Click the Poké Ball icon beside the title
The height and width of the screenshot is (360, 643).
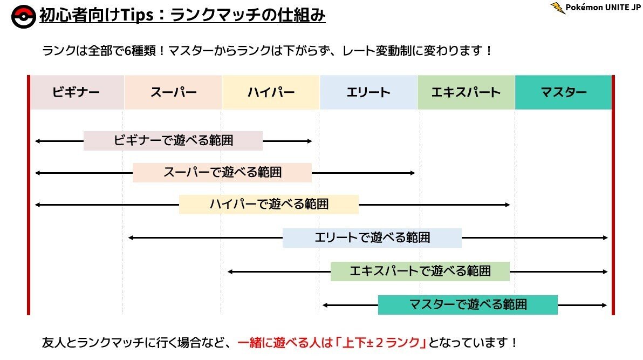coord(23,17)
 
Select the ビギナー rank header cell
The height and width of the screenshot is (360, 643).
coord(76,92)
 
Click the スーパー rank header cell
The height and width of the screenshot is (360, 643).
coord(173,92)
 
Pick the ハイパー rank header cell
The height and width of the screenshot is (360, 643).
coord(271,92)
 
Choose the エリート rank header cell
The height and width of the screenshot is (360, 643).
coord(368,92)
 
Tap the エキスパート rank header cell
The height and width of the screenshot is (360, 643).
coord(466,92)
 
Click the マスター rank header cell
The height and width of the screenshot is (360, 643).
coord(564,92)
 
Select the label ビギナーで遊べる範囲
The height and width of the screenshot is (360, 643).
coord(173,141)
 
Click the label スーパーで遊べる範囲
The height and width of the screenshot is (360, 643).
coord(222,173)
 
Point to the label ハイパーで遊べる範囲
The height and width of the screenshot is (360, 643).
coord(269,205)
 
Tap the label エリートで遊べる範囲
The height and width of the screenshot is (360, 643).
coord(372,237)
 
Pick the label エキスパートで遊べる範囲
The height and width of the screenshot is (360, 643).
coord(420,271)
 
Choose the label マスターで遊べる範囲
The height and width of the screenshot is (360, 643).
coord(468,305)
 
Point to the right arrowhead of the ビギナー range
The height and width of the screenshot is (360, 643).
coord(310,141)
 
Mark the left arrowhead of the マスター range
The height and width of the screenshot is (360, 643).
coord(325,305)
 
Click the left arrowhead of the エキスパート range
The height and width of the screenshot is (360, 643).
coord(230,271)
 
